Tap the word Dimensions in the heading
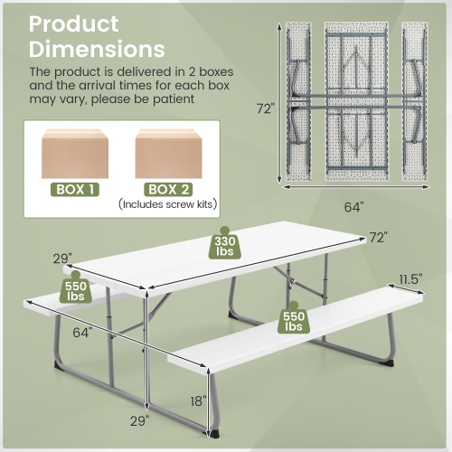(97, 49)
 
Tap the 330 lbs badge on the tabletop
(226, 246)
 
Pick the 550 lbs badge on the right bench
(294, 320)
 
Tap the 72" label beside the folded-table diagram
(263, 108)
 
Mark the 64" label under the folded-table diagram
(353, 207)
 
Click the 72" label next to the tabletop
(377, 238)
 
